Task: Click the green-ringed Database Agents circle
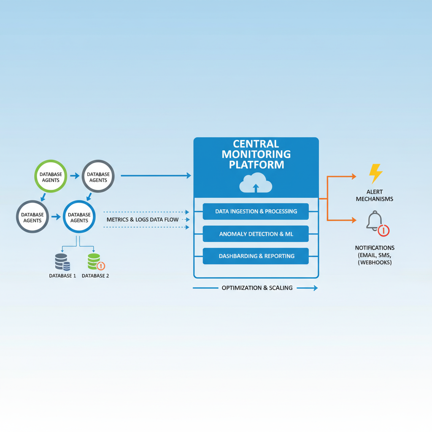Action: (x=51, y=177)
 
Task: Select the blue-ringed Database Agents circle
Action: (x=79, y=217)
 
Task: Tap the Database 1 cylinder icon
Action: (x=62, y=262)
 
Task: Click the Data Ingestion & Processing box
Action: (x=256, y=211)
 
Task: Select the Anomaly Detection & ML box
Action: (x=256, y=234)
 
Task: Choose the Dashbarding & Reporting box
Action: (x=256, y=256)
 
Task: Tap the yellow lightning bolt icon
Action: (x=375, y=173)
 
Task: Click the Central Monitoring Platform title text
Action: (x=256, y=154)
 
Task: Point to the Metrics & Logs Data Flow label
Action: (x=143, y=219)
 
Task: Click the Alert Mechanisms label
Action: (x=375, y=195)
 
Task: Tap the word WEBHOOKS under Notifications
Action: (x=375, y=262)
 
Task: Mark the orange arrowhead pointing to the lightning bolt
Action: (x=354, y=177)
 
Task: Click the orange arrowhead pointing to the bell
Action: (x=354, y=220)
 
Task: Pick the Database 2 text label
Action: (x=95, y=275)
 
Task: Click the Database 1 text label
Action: (x=62, y=275)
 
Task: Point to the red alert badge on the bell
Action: (x=383, y=230)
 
